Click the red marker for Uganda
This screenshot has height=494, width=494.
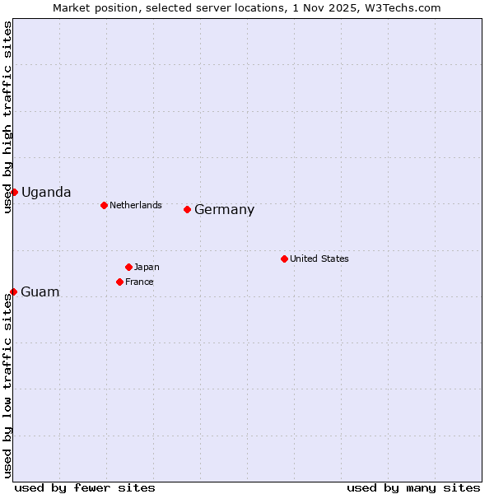(x=14, y=192)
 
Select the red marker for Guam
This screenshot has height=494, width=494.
(x=13, y=291)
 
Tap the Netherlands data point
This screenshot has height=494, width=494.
(x=104, y=205)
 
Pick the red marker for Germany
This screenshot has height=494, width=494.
(x=187, y=209)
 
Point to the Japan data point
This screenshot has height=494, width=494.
(x=128, y=267)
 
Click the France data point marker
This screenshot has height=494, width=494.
(x=119, y=282)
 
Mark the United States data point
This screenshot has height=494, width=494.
(x=284, y=259)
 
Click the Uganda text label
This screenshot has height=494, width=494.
(x=46, y=193)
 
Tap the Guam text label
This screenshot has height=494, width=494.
(x=40, y=292)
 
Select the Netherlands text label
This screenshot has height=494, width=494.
(x=136, y=205)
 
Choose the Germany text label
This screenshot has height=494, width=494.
(x=224, y=210)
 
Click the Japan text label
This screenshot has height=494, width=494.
(x=147, y=267)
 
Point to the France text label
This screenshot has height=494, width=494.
(x=139, y=282)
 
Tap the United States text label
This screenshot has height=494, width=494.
(x=319, y=259)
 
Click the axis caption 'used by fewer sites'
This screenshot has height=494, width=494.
(x=85, y=487)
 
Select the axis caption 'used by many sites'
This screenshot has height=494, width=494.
(x=413, y=487)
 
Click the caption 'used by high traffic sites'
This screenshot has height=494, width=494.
(x=7, y=117)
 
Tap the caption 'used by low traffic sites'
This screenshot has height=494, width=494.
(x=7, y=384)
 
